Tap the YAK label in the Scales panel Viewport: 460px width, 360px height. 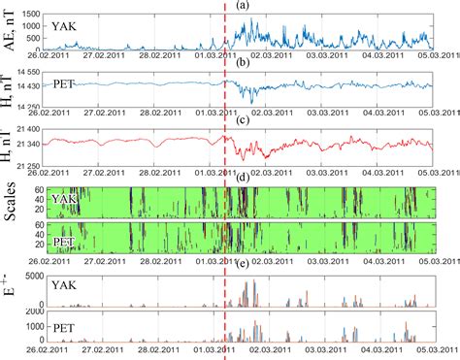click(64, 198)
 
